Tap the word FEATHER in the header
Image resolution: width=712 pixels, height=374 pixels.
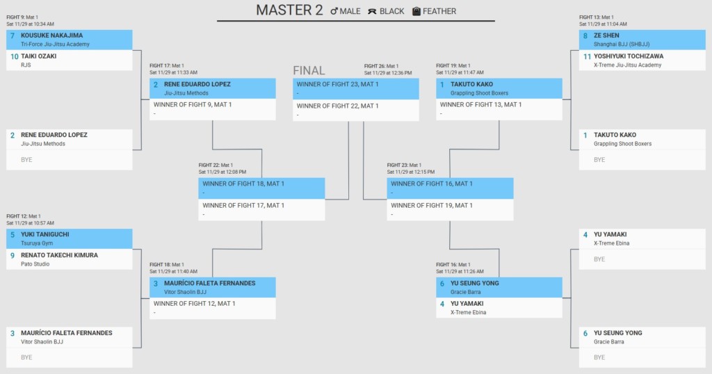(x=439, y=11)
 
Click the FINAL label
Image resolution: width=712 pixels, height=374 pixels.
(x=309, y=70)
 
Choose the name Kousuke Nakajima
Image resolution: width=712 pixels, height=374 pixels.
(x=51, y=35)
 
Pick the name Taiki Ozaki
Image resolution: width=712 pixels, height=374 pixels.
(x=39, y=56)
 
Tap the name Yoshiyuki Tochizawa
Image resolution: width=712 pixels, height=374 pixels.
(x=629, y=56)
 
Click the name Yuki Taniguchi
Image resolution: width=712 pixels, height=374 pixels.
(x=45, y=235)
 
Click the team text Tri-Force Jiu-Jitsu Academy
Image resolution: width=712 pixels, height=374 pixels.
(x=55, y=44)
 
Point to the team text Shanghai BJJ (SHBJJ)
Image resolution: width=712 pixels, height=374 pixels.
(x=621, y=44)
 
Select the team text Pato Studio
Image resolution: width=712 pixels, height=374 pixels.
(x=35, y=264)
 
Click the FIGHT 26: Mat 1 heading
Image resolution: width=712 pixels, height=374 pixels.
(x=382, y=66)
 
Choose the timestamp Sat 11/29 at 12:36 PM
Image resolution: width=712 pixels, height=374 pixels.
(x=388, y=72)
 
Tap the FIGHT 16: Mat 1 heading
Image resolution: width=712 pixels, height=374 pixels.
(x=453, y=265)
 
